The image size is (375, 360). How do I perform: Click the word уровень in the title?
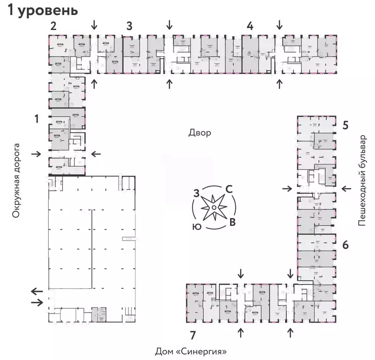click(48, 11)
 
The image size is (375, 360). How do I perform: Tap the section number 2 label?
click(54, 26)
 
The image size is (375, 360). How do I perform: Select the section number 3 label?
click(129, 26)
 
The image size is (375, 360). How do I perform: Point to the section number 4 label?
click(250, 26)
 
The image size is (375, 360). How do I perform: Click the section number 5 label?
click(345, 125)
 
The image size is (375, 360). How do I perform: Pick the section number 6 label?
click(345, 245)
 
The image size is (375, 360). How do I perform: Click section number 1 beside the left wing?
click(37, 120)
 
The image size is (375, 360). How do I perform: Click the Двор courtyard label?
click(200, 133)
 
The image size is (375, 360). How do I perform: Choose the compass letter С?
click(229, 189)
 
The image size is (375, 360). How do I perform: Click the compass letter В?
click(232, 222)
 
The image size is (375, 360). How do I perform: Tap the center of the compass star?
click(214, 208)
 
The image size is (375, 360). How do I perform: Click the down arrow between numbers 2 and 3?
click(95, 23)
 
